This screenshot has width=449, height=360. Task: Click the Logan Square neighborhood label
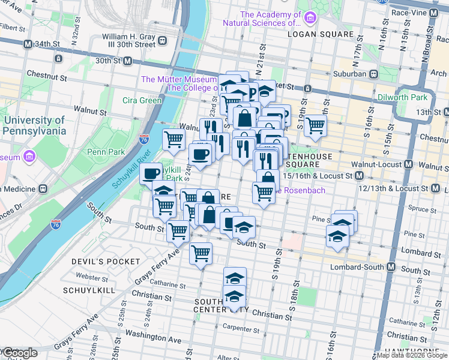point(321,34)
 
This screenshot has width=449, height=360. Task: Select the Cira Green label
point(142,100)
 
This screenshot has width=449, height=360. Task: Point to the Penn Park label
point(105,152)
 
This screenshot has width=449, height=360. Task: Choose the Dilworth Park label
point(402,97)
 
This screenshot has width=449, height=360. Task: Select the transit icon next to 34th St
point(28,44)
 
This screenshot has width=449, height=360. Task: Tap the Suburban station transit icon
point(373,74)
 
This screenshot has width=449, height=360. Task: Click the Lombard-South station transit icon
point(391,266)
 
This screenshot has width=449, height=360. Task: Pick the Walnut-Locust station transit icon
point(409,164)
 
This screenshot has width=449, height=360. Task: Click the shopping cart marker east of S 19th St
point(315,126)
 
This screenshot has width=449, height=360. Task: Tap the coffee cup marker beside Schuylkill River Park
point(151,173)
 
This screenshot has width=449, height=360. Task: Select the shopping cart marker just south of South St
point(200,253)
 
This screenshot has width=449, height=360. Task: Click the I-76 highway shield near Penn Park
point(143,139)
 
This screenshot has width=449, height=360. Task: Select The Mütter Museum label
point(178,80)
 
